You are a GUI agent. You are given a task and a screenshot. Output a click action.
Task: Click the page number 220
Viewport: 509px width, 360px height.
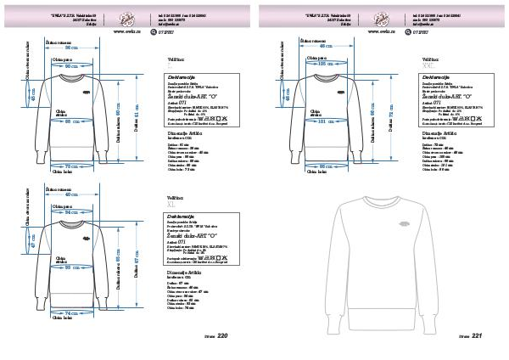point(223,336)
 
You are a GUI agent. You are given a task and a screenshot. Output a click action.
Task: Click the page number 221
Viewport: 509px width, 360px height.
point(477,336)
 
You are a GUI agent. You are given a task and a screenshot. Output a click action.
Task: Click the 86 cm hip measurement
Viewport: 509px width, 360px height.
point(325,166)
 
